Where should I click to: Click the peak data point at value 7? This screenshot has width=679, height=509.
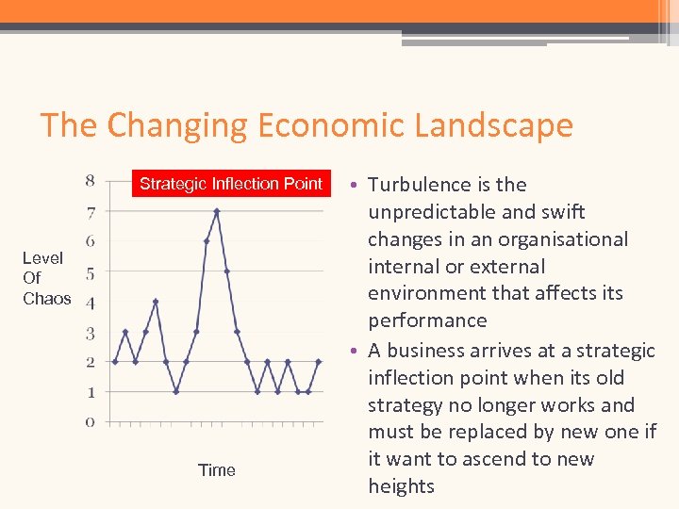tap(216, 211)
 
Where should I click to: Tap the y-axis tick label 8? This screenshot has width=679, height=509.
tap(90, 180)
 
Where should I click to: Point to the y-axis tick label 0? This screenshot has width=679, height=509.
tap(90, 422)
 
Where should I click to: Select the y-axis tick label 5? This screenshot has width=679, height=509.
tap(90, 274)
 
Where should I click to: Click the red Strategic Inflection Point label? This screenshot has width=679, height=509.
tap(231, 183)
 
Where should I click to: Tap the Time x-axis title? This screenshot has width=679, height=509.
tap(217, 470)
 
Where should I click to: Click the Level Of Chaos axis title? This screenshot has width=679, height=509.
tap(45, 278)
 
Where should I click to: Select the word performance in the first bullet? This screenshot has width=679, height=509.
tap(427, 320)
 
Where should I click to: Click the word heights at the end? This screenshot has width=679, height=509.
tap(401, 486)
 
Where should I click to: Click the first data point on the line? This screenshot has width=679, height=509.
tap(115, 362)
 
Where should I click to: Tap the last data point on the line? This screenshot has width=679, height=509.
tap(308, 391)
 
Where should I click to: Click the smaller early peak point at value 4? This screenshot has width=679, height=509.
tap(156, 302)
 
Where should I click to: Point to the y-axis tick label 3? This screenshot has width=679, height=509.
tap(90, 333)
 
